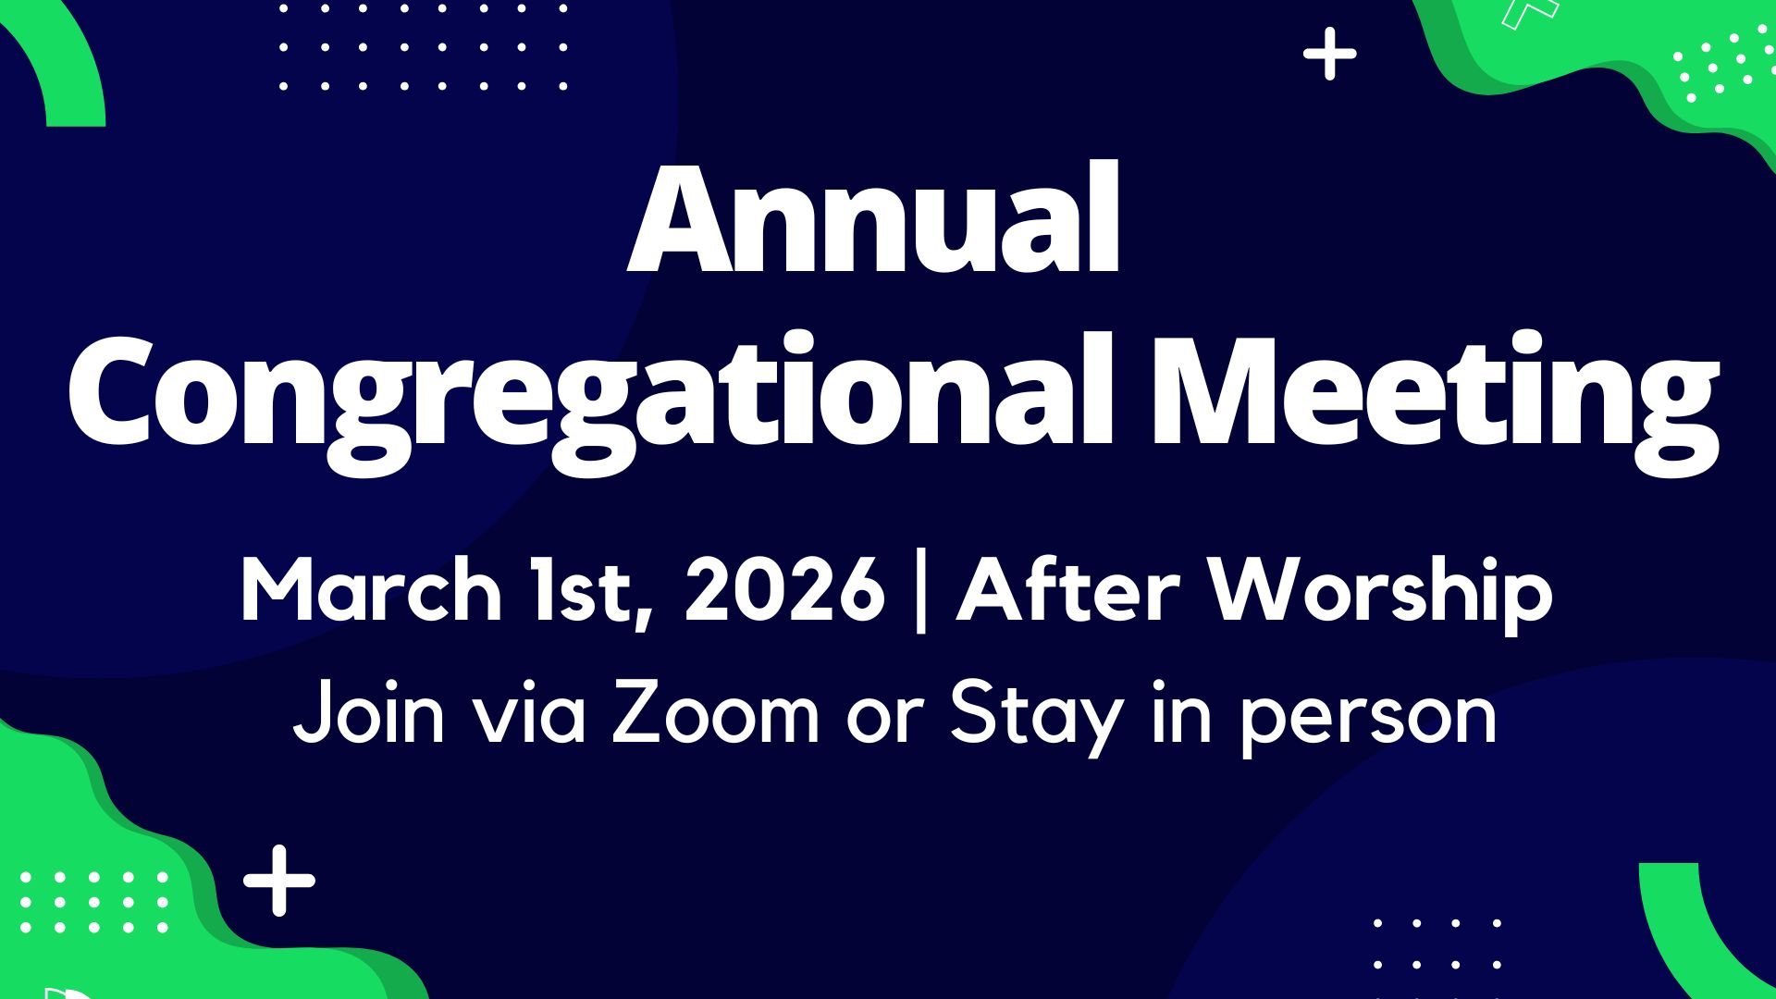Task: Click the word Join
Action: tap(369, 712)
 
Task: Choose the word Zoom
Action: tap(716, 712)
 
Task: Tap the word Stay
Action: tap(1037, 718)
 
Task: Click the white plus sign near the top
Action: tap(1330, 54)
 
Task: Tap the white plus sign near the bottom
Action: tap(279, 881)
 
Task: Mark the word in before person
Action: tap(1181, 712)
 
